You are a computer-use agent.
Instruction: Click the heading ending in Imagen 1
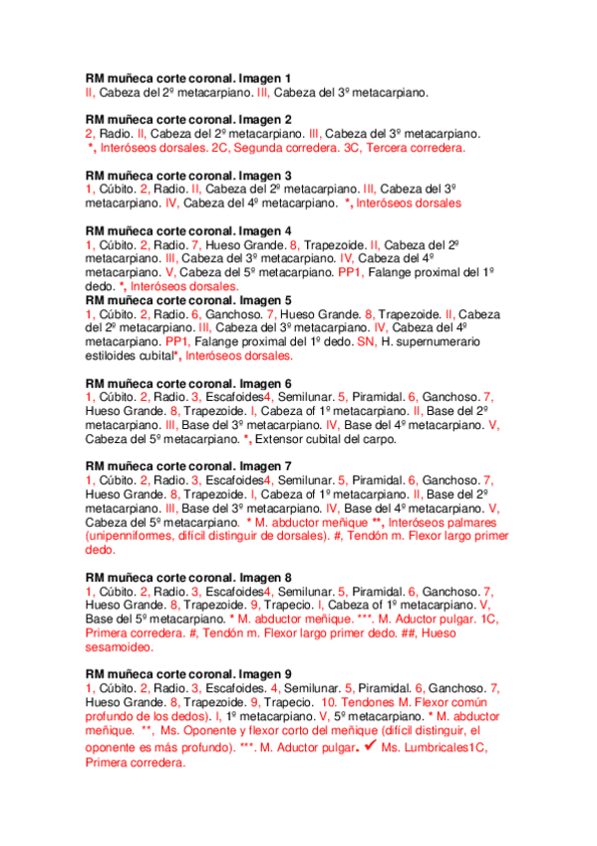tap(189, 78)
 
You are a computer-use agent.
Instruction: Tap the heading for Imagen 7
tap(189, 466)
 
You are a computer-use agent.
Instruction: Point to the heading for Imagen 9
tap(189, 673)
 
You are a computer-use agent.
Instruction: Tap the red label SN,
tap(368, 341)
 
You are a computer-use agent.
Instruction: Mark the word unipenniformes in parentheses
tap(131, 536)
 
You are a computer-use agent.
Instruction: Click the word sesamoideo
tap(120, 646)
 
